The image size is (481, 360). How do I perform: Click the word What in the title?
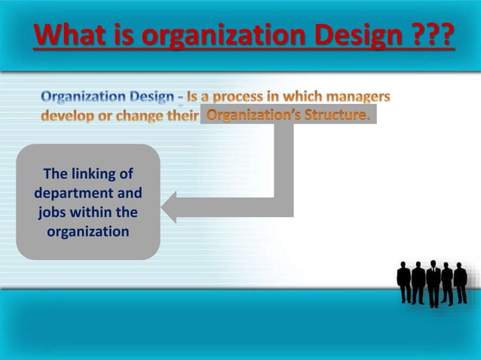[67, 35]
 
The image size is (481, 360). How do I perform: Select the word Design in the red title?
[340, 35]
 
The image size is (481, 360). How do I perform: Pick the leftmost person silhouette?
[404, 281]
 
